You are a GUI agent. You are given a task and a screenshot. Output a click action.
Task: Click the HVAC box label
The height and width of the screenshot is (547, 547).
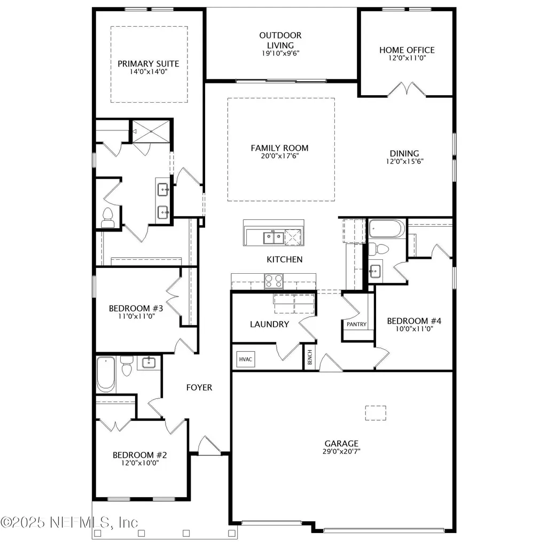click(x=245, y=360)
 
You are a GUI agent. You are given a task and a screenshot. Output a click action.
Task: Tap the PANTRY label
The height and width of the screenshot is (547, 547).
click(x=356, y=324)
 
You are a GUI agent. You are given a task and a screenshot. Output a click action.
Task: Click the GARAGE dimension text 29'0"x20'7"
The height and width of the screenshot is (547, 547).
click(x=341, y=451)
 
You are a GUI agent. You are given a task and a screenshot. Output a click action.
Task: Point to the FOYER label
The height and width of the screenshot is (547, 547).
click(x=199, y=387)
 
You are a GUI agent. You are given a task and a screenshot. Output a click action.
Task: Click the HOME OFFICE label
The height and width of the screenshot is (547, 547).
click(x=407, y=50)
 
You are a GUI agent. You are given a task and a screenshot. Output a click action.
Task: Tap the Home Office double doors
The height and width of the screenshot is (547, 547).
click(x=407, y=90)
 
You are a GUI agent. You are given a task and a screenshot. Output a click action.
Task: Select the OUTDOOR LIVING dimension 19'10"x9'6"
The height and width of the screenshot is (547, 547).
click(x=281, y=53)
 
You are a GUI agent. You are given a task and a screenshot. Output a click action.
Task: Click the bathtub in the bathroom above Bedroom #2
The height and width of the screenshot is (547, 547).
click(x=105, y=374)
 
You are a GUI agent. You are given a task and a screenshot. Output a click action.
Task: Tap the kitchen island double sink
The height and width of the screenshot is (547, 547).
click(x=272, y=236)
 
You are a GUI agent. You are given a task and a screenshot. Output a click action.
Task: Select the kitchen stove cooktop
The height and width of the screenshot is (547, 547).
click(x=273, y=281)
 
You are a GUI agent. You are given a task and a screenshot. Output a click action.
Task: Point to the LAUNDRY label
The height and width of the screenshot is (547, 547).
click(x=269, y=324)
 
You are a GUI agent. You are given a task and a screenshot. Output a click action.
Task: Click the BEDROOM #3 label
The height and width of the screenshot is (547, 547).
click(x=136, y=308)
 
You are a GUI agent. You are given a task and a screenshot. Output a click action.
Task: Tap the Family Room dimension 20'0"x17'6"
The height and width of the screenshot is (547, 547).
click(x=279, y=156)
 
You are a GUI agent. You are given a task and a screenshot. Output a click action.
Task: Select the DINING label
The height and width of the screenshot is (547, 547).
click(x=404, y=153)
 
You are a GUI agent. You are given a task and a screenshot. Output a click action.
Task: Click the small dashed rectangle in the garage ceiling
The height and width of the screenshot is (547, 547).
click(x=375, y=413)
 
